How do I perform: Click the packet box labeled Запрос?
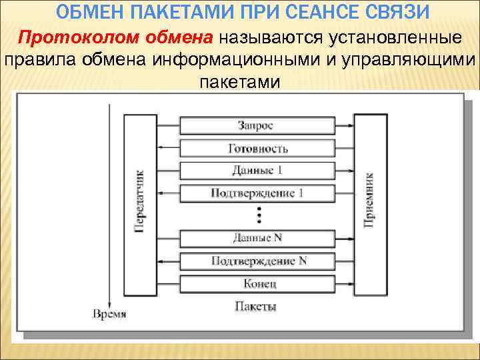tap(256, 125)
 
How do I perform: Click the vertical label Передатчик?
tap(140, 200)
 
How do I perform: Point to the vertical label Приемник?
tap(369, 200)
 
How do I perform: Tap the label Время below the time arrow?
tap(109, 313)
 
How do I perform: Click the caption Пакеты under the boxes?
tap(255, 307)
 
